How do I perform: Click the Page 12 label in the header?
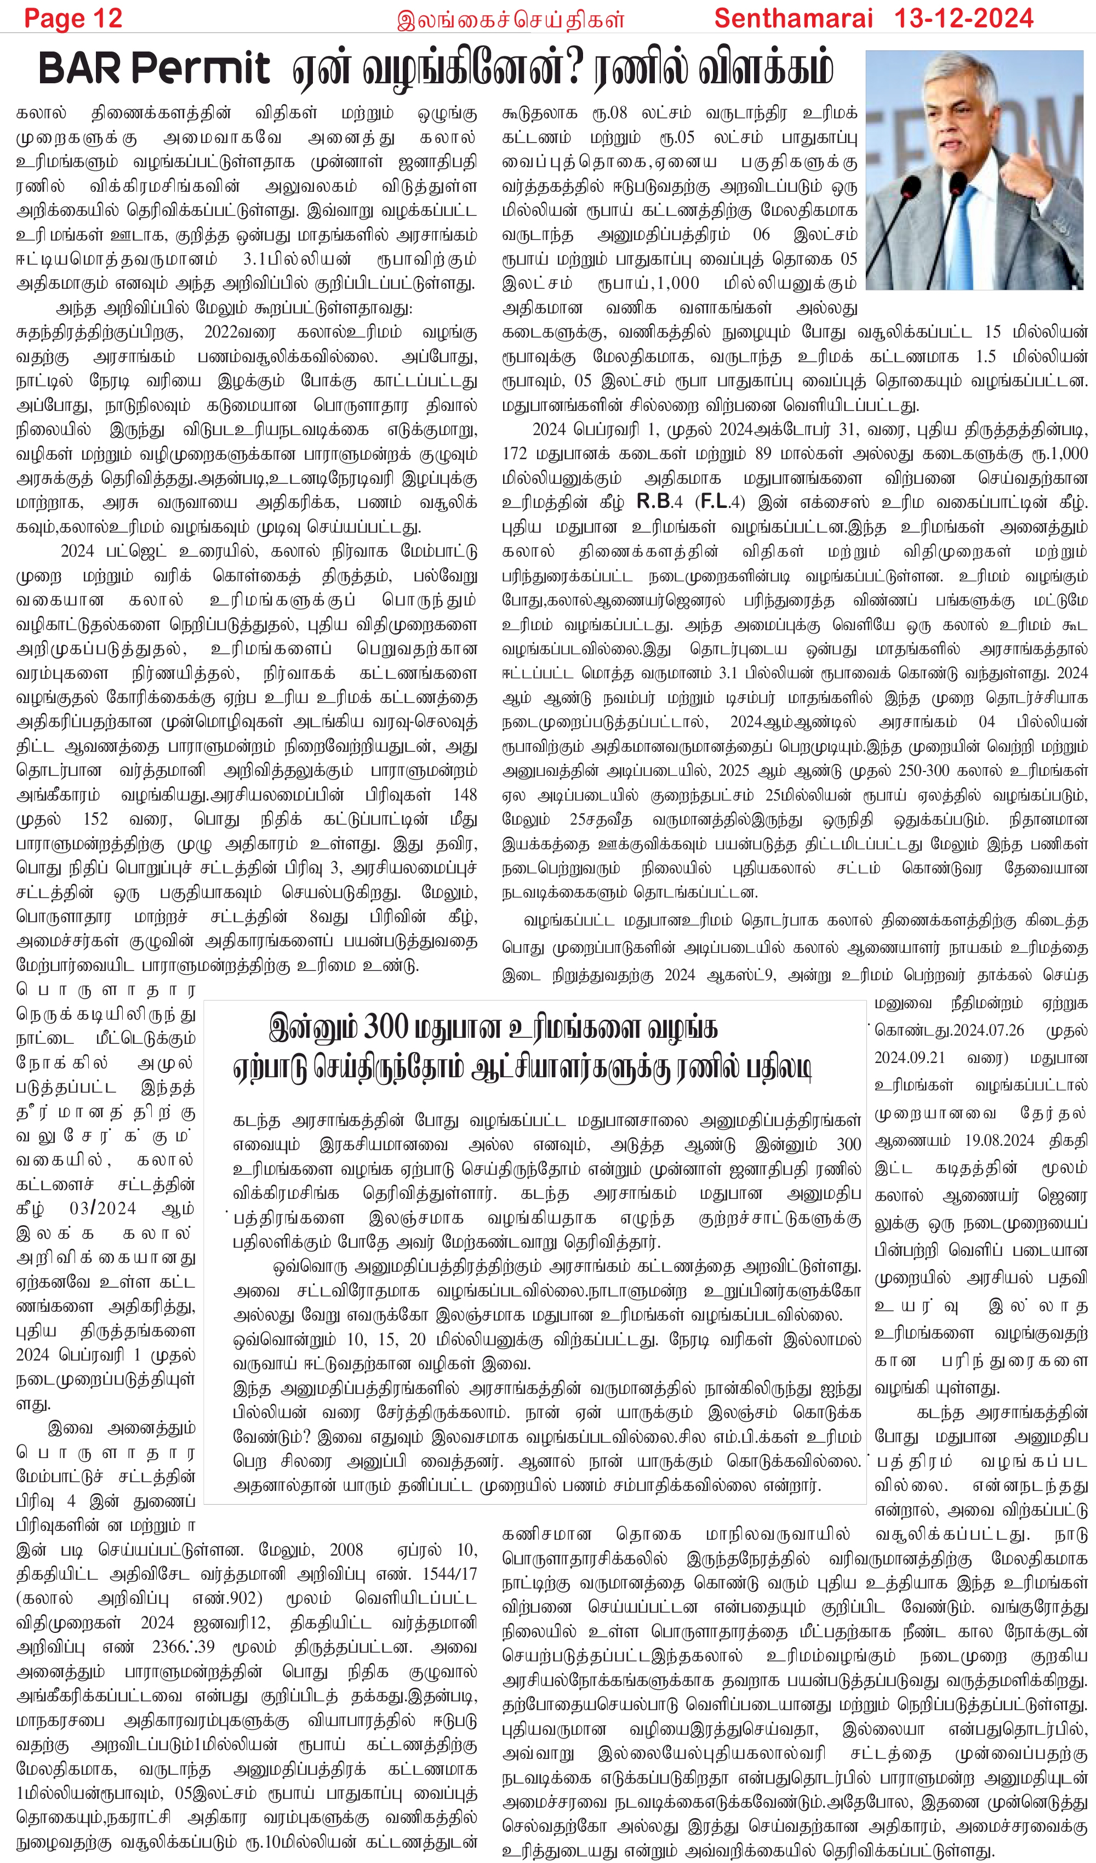[x=73, y=19]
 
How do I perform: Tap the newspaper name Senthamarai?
[x=793, y=19]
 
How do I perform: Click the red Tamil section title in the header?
[x=510, y=20]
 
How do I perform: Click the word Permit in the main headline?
[x=201, y=68]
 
